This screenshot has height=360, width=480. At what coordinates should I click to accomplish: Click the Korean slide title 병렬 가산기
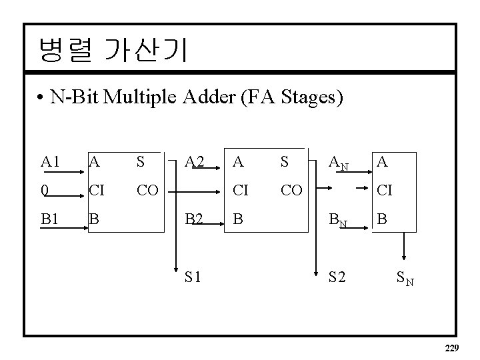coord(113,51)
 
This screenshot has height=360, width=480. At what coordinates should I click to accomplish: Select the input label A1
coord(50,161)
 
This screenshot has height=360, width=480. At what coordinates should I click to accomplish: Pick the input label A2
coord(195,161)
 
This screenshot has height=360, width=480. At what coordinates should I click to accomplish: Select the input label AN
coord(339,163)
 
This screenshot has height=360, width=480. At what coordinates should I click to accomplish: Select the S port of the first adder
coord(141,161)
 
